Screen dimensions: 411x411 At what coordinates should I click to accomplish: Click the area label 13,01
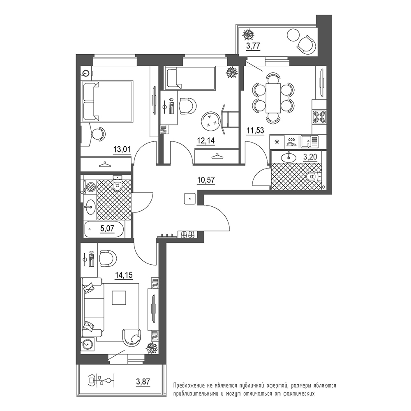[122, 150]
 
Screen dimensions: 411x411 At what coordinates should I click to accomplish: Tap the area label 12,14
[206, 141]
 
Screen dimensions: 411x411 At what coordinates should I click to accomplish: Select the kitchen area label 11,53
[255, 130]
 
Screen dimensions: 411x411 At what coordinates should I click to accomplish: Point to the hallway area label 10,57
[206, 180]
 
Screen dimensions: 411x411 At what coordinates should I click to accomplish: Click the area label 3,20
[310, 157]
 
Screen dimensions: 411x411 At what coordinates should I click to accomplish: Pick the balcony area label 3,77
[253, 46]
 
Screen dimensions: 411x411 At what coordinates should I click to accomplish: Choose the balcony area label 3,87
[143, 381]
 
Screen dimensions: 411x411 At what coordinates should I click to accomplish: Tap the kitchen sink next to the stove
[309, 142]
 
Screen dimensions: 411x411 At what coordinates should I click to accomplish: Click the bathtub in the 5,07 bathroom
[104, 229]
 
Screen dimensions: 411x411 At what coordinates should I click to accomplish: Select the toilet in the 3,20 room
[314, 176]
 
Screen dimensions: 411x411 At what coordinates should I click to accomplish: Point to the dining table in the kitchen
[273, 98]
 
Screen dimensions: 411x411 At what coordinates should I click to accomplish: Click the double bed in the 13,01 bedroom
[107, 101]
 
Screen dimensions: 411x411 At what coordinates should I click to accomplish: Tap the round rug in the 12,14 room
[211, 120]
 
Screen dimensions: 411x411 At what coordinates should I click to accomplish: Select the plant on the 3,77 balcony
[248, 35]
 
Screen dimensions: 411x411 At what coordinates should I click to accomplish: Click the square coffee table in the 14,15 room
[119, 298]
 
